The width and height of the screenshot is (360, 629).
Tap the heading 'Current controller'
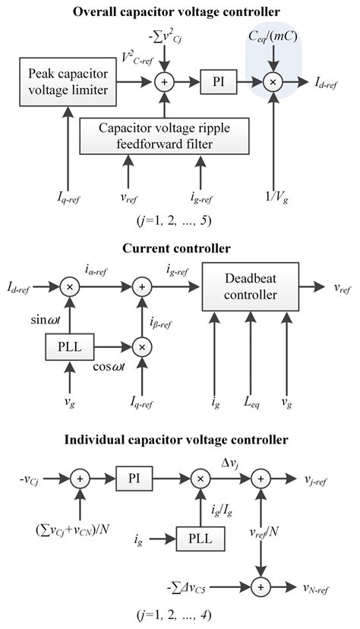point(180,248)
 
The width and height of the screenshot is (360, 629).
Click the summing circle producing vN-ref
point(260,587)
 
